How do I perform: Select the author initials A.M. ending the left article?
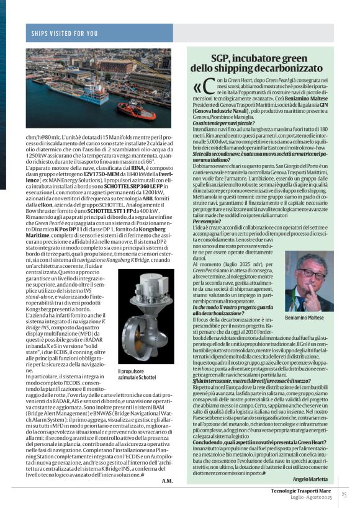click(x=168, y=481)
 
